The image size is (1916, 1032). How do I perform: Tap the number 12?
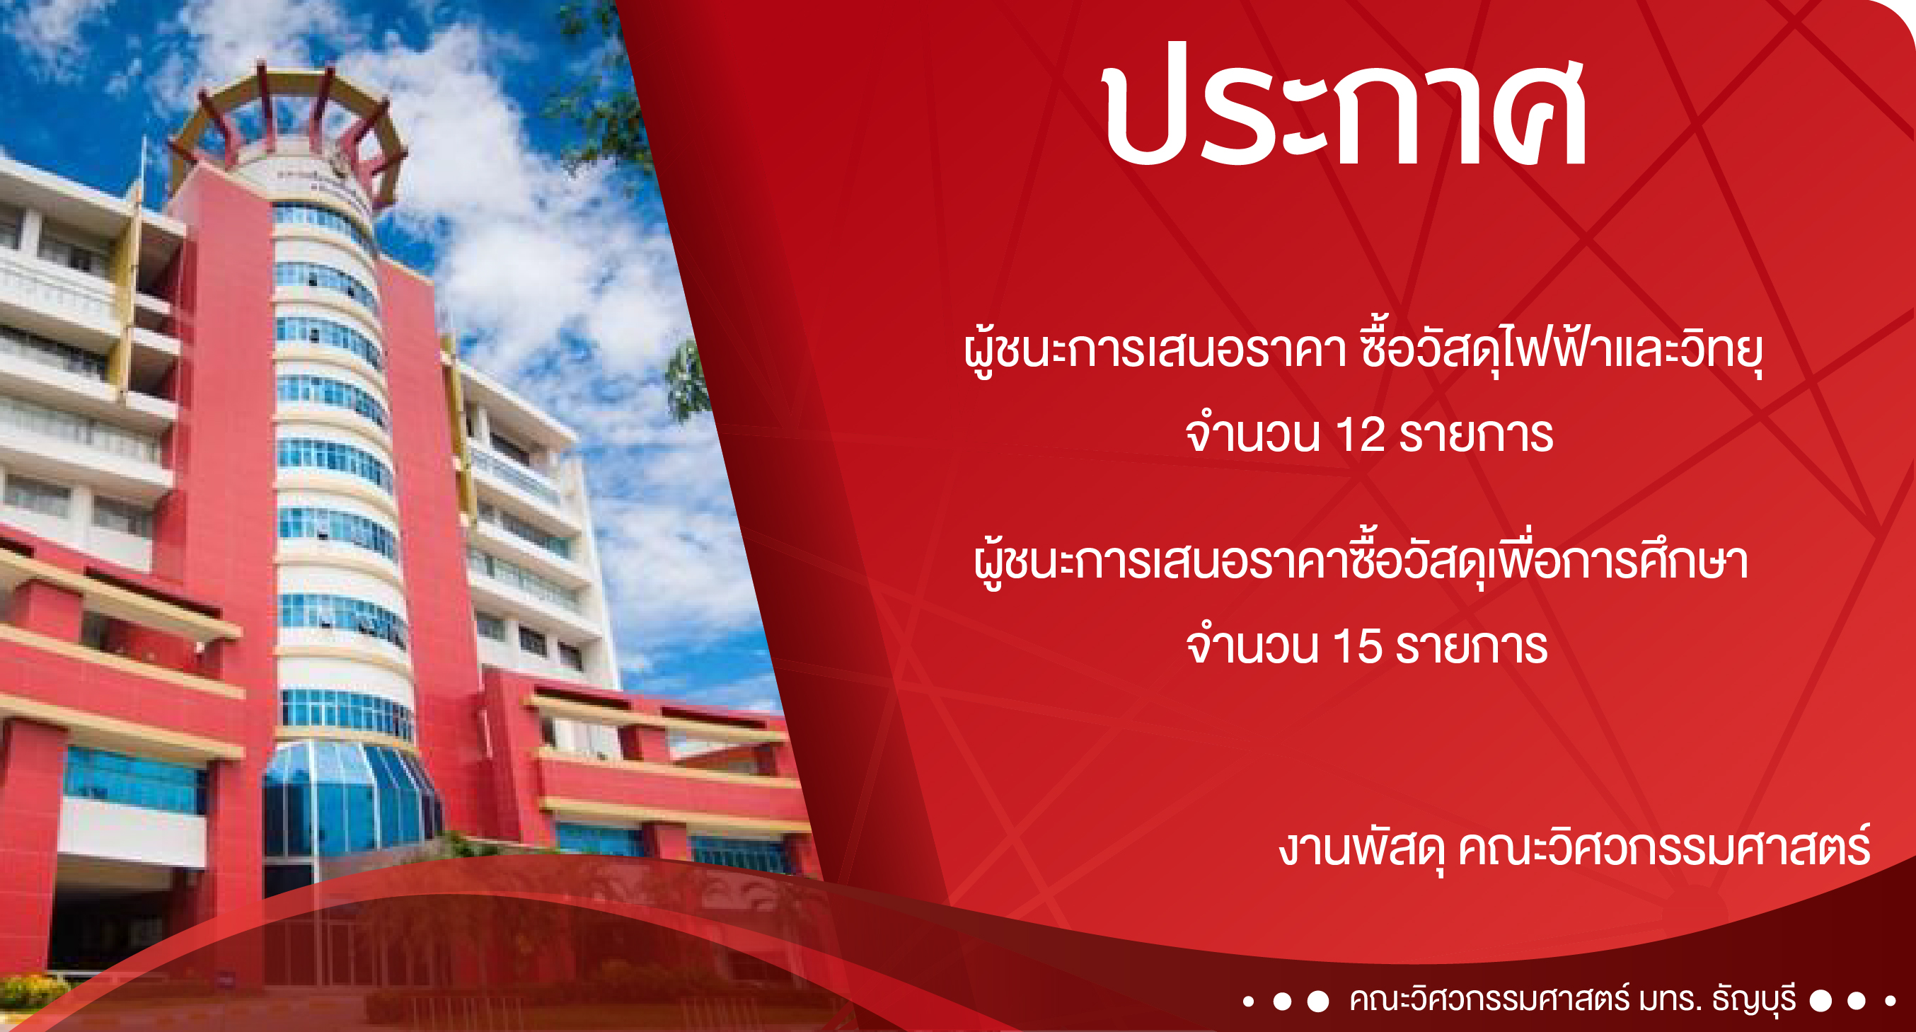click(x=1361, y=435)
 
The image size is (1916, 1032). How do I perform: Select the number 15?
click(x=1358, y=646)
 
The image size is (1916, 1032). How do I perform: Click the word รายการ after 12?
click(x=1477, y=435)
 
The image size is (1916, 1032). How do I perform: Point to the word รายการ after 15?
click(x=1472, y=646)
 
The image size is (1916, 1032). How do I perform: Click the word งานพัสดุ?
click(x=1362, y=848)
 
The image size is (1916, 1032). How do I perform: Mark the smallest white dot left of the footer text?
click(x=1249, y=1002)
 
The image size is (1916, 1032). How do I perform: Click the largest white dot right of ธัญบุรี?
click(x=1820, y=1001)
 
